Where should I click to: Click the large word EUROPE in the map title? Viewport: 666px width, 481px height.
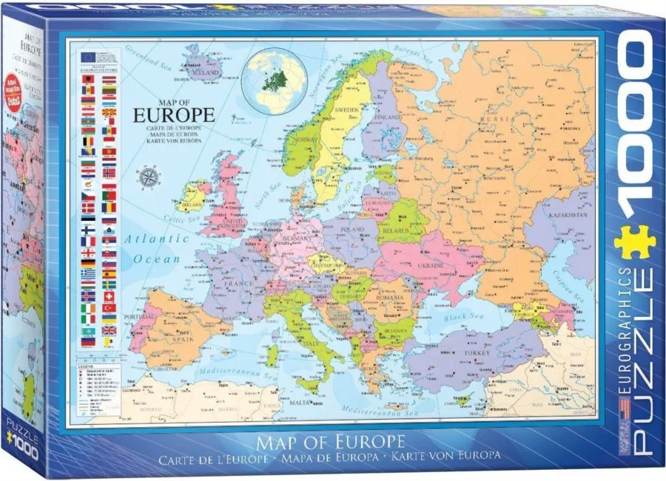click(174, 115)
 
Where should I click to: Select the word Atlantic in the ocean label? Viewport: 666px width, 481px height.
click(147, 239)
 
